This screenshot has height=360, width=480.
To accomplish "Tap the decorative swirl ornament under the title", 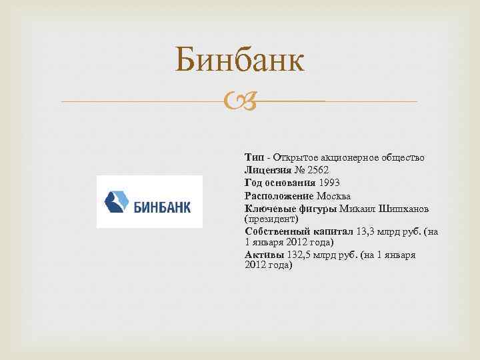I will pyautogui.click(x=240, y=101).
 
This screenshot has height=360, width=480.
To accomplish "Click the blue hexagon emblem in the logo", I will pyautogui.click(x=117, y=201).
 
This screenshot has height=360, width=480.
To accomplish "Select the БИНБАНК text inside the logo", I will pyautogui.click(x=162, y=207).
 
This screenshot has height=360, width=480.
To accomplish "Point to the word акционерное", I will pyautogui.click(x=341, y=157).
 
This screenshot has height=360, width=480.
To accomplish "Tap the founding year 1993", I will pyautogui.click(x=331, y=183).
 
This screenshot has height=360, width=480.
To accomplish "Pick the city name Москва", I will pyautogui.click(x=333, y=196).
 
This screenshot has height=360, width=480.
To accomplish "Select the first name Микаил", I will pyautogui.click(x=358, y=209).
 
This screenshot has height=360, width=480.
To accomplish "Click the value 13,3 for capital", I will pyautogui.click(x=367, y=231).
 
